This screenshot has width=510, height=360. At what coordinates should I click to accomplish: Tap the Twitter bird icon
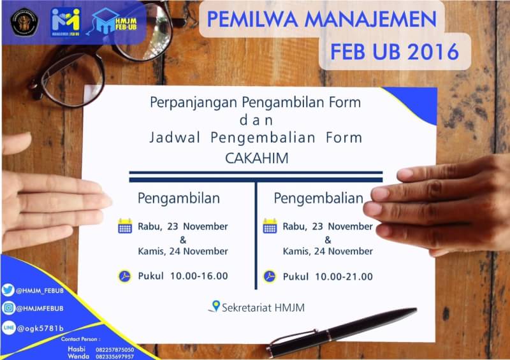coord(8,290)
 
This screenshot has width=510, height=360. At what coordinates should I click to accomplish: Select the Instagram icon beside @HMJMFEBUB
coord(8,308)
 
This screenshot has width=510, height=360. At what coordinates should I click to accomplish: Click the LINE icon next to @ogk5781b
coord(8,328)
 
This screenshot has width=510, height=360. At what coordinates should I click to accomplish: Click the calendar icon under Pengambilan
coord(125,226)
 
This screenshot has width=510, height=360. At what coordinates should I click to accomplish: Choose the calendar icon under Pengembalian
coord(270,226)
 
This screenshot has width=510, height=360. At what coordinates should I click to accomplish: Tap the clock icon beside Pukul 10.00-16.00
coord(125,277)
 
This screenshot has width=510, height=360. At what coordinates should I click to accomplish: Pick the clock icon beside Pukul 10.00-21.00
coord(270,277)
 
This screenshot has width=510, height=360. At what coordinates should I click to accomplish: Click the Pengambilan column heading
coord(179,198)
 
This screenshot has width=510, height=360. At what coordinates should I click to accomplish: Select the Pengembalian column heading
coord(319,198)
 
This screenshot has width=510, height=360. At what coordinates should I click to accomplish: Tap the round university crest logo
coord(24,21)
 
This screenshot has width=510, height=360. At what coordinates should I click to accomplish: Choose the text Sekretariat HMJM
coord(263,308)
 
